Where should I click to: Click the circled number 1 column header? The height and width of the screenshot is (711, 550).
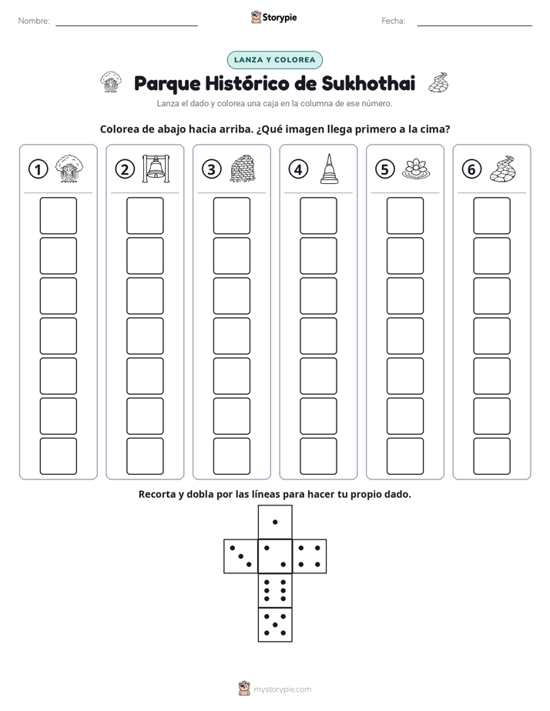pos(38,169)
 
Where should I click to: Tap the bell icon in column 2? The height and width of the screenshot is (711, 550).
pos(156,169)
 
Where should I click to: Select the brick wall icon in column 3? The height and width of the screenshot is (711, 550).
pos(243,169)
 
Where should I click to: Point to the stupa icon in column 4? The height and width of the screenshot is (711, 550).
pos(330,169)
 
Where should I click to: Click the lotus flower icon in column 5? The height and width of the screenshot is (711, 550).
pos(416,169)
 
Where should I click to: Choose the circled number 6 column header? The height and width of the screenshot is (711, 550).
pos(471,169)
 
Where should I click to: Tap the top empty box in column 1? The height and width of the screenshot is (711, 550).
pos(58,215)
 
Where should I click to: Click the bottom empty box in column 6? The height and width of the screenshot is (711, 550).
pos(492,456)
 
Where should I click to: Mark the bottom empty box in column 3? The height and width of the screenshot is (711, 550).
pos(231,456)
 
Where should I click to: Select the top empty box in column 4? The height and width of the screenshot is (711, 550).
pos(319,215)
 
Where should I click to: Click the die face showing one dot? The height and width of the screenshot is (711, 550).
pos(275,522)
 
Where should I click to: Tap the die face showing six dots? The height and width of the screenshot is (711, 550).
pos(275,590)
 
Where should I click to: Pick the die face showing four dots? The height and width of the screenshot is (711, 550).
pos(310,556)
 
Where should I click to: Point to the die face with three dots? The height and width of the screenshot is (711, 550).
pos(241,556)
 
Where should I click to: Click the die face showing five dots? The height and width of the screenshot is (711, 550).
pos(275,624)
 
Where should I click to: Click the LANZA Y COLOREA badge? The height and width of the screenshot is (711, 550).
pos(275,60)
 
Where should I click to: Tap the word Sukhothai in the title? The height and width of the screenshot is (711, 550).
pos(368,83)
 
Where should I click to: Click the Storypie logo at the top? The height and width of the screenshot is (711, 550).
pos(274,18)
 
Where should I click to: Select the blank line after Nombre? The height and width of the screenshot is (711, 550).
pos(126,25)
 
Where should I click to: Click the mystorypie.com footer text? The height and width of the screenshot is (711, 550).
pos(282,689)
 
